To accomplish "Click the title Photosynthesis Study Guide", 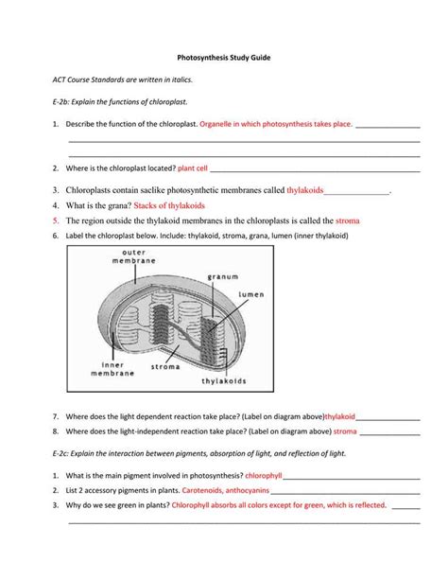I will [x=223, y=59].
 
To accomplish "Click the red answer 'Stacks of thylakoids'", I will [x=169, y=204].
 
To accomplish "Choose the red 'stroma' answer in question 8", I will [x=345, y=431].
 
